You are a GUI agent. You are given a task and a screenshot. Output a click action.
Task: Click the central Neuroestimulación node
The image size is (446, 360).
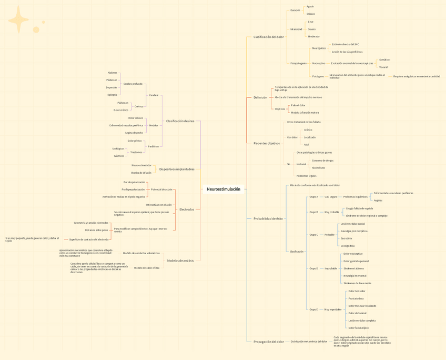(x=224, y=189)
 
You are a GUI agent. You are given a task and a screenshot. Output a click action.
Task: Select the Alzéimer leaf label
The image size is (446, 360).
(x=112, y=73)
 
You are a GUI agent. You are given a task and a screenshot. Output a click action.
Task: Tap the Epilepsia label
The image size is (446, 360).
(x=112, y=95)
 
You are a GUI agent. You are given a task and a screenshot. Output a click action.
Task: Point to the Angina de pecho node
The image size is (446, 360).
(x=134, y=133)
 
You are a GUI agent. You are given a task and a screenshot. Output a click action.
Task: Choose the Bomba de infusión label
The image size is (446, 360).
(x=141, y=173)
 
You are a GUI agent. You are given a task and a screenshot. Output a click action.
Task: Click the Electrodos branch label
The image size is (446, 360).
(x=187, y=209)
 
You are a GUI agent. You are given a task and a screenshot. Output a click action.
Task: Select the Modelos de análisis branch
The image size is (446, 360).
(x=180, y=261)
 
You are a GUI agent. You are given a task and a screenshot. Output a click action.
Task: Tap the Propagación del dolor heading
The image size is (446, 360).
(x=269, y=342)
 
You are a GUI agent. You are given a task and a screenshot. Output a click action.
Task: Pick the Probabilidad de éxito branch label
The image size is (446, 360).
(x=268, y=218)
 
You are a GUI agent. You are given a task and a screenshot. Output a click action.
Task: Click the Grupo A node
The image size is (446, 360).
(x=313, y=197)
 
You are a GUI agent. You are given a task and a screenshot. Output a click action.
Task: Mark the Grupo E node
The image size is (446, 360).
(x=313, y=309)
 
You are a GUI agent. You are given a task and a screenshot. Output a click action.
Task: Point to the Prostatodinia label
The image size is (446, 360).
(x=356, y=298)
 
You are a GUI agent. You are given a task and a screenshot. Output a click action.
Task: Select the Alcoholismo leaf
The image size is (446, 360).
(x=318, y=168)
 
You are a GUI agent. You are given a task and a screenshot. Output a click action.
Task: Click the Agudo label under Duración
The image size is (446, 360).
(x=310, y=7)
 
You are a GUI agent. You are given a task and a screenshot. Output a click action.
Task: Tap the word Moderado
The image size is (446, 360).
(x=313, y=37)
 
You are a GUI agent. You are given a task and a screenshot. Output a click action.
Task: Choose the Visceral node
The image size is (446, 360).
(x=383, y=67)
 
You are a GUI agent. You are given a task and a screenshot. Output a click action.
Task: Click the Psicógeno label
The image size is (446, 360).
(x=318, y=76)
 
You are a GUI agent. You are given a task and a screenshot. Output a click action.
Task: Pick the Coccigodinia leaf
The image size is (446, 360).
(x=348, y=246)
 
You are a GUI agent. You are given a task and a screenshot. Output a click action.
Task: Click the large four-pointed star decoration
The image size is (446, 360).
(x=18, y=20)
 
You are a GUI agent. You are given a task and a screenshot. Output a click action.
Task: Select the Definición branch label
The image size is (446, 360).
(x=260, y=97)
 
